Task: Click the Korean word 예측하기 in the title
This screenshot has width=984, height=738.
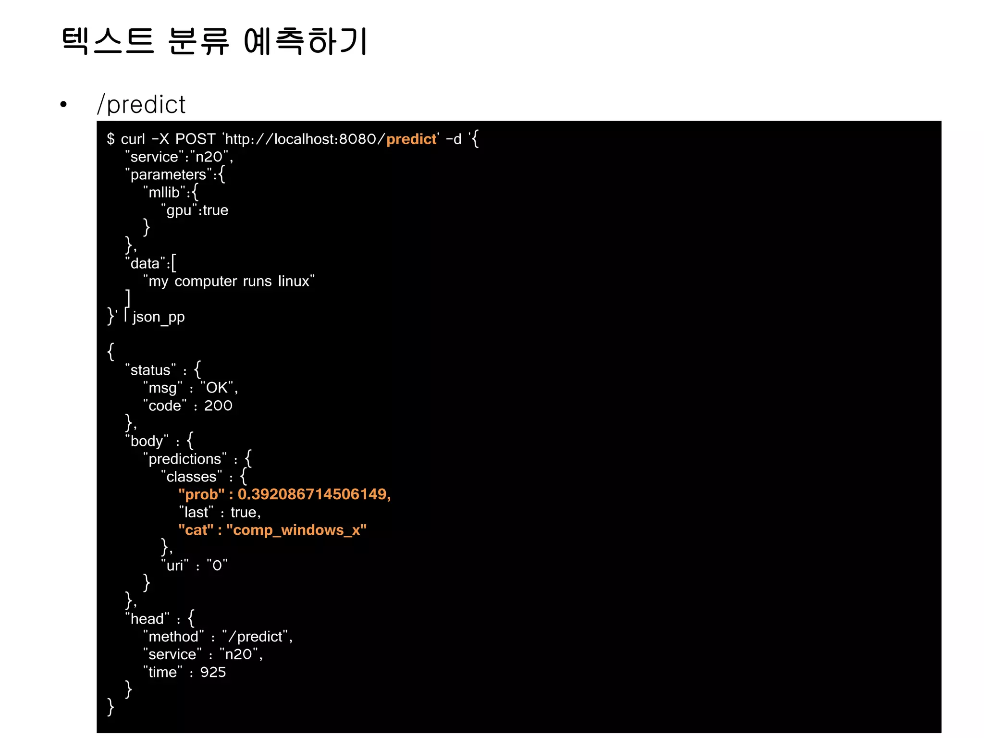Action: pos(306,41)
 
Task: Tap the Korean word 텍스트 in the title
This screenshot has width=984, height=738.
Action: pos(108,41)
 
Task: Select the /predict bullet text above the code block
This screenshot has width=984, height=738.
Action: pos(141,104)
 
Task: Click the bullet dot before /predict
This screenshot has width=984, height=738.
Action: pos(63,104)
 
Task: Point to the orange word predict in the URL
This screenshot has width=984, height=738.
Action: pos(411,139)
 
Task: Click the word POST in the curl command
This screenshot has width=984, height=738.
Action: pos(195,139)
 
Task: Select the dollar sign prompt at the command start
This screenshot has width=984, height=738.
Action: pos(111,139)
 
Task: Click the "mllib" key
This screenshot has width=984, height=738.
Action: pos(164,192)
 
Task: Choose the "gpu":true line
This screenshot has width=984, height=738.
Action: pos(195,210)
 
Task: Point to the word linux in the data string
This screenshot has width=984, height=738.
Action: pos(294,281)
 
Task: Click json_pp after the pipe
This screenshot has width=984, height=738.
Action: pos(159,317)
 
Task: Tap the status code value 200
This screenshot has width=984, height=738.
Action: pos(218,406)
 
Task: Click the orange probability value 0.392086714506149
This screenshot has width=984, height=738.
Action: pos(313,494)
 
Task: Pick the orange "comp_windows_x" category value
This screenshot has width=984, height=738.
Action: pos(296,530)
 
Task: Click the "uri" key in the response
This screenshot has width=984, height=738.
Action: pos(175,566)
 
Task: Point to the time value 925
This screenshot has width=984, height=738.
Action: pos(213,672)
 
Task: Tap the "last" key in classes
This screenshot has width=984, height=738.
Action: pos(196,512)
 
